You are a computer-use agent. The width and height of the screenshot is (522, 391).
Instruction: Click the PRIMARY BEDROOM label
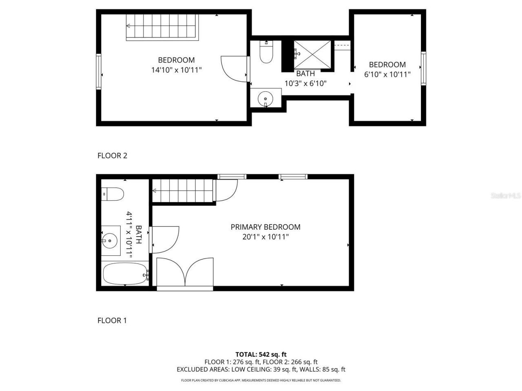[x=265, y=227]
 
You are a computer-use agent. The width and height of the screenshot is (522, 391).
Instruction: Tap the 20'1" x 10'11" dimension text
[x=265, y=237]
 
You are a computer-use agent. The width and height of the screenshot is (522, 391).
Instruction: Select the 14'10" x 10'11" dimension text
[x=177, y=70]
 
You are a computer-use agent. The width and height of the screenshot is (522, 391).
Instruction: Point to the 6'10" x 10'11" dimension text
[x=387, y=74]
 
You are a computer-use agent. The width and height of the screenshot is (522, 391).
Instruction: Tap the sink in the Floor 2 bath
[x=266, y=98]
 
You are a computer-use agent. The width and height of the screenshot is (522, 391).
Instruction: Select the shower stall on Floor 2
[x=311, y=55]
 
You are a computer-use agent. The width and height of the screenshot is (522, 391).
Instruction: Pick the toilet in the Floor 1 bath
[x=112, y=194]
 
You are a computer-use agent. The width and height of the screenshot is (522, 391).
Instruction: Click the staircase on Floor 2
[x=162, y=27]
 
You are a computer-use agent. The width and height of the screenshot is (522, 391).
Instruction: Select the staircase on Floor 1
[x=183, y=191]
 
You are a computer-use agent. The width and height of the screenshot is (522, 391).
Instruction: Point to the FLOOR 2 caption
[x=112, y=155]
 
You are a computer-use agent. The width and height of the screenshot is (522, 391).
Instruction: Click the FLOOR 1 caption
[x=112, y=321]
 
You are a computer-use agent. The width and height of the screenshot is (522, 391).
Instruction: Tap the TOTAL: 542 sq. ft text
[x=261, y=354]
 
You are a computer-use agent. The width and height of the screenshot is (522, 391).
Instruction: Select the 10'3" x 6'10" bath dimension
[x=305, y=83]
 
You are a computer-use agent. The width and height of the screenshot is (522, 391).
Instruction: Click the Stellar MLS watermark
[x=506, y=196]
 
